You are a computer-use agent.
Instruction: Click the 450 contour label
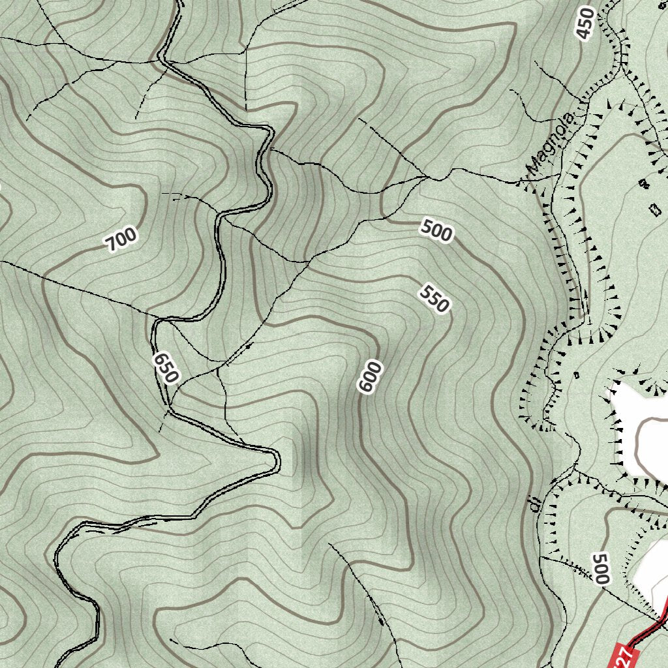586,24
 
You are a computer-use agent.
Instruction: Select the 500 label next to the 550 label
436,231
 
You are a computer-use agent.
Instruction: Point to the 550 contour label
435,298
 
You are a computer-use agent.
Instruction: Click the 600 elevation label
369,378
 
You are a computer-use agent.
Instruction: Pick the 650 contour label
166,369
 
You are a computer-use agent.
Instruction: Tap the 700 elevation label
122,239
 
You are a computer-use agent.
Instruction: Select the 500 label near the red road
601,568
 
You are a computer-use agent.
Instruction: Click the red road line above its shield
652,627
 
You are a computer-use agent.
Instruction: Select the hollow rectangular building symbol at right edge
655,210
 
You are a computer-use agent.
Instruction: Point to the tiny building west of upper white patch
576,374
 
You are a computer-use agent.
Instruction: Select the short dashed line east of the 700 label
180,195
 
